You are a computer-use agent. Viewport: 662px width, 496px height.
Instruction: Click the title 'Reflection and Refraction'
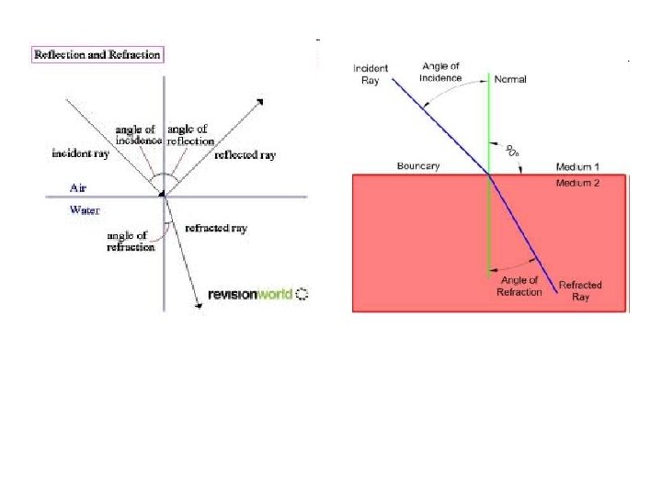tap(97, 55)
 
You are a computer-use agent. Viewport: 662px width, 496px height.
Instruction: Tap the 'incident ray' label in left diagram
tap(80, 154)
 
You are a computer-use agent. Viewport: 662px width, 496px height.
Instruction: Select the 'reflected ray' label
tap(245, 155)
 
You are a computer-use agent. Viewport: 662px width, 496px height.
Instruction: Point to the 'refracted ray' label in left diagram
tap(216, 228)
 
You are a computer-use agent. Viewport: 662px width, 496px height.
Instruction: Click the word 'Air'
tap(80, 186)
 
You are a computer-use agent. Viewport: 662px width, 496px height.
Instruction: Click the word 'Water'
tap(85, 210)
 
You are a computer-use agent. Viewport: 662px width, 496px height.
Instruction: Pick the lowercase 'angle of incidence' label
tap(139, 135)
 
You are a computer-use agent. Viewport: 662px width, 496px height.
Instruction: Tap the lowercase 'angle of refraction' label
tap(131, 242)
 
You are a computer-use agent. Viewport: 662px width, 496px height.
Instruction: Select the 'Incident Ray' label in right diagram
tap(371, 73)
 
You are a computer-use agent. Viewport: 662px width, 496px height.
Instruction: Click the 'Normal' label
tap(510, 80)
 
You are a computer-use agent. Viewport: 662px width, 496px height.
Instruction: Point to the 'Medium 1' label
tap(577, 167)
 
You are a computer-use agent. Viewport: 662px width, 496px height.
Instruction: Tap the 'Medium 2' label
tap(577, 184)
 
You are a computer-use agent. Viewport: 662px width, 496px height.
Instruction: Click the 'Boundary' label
tap(419, 166)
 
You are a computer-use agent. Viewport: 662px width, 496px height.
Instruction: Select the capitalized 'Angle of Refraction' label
tap(519, 286)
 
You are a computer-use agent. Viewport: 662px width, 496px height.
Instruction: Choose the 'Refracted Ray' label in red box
tap(580, 290)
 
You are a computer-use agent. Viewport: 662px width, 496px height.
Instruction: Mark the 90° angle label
tap(510, 151)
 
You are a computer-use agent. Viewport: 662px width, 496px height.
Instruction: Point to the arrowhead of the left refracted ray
tap(199, 305)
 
